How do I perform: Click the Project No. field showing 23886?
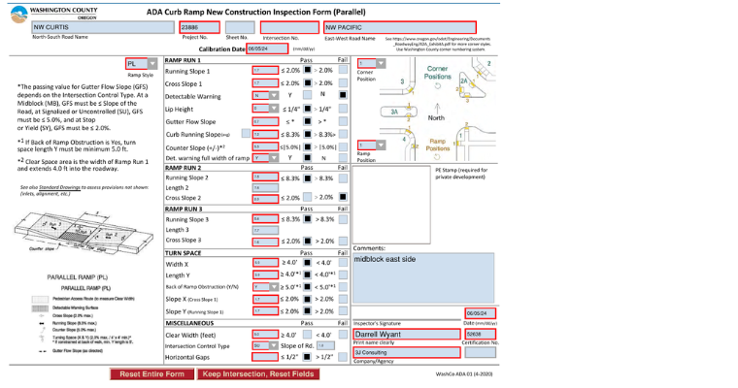click(198, 27)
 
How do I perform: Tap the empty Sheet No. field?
click(240, 27)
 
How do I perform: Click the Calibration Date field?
click(267, 48)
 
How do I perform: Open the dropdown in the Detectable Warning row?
click(260, 96)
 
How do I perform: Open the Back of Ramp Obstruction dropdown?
click(260, 287)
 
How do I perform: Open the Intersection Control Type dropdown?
click(260, 345)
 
